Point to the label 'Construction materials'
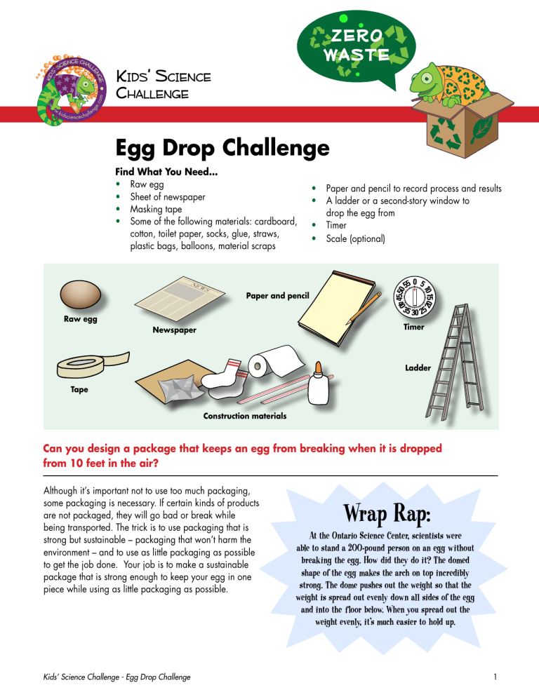244,416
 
